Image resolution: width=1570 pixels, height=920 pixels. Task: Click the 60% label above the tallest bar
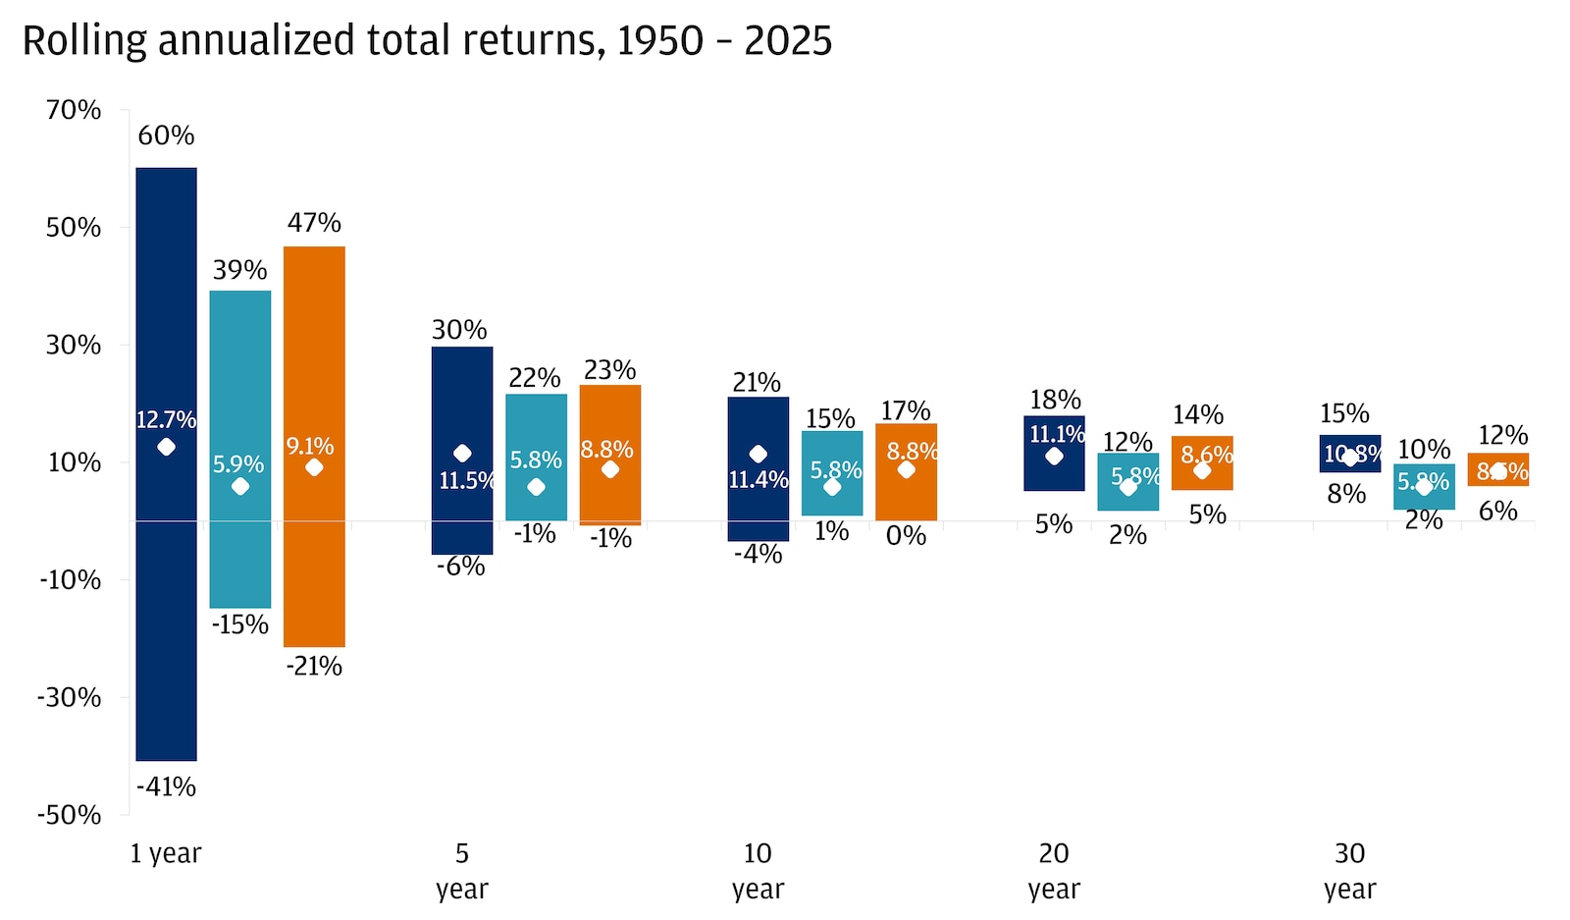166,135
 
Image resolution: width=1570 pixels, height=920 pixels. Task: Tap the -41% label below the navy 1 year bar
166,786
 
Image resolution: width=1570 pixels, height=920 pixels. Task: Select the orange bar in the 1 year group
314,550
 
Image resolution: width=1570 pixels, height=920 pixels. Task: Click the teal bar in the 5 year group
536,432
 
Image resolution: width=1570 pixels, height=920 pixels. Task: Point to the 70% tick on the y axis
74,110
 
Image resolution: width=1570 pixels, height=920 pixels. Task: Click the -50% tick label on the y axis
69,815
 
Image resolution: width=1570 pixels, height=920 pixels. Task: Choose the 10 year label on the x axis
758,871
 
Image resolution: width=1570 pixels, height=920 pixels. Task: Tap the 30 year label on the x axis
1349,871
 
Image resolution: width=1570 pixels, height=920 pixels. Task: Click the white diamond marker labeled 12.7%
166,448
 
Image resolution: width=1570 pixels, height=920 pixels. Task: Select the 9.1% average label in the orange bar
310,447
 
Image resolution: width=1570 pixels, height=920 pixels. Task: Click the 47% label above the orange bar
314,223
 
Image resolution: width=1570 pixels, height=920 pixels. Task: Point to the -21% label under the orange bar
314,667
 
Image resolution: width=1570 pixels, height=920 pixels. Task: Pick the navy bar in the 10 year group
758,422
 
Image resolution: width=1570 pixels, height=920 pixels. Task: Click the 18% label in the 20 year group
1055,401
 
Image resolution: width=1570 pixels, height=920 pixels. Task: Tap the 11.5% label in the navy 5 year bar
465,480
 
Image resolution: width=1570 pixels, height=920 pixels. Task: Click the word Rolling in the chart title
84,41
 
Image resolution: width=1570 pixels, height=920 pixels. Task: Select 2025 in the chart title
788,41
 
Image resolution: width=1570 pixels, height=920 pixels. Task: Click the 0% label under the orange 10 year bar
906,536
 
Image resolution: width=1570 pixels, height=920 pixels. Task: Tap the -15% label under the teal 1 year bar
240,624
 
